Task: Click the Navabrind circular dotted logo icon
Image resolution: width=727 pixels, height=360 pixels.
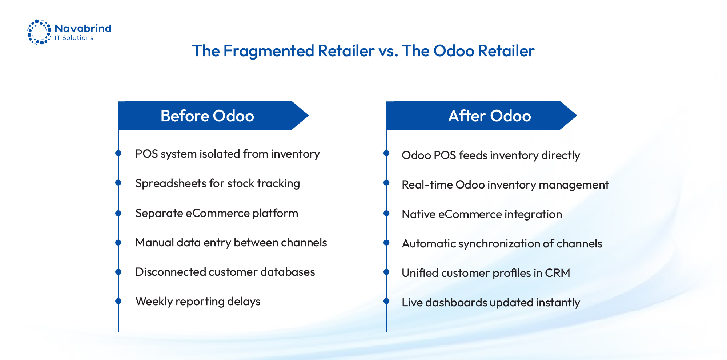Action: pos(39,32)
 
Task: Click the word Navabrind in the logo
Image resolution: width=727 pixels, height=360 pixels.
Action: pos(83,28)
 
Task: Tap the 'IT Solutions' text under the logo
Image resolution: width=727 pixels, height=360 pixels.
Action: pos(74,38)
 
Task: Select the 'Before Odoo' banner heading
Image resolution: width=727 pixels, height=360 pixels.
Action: pos(207,116)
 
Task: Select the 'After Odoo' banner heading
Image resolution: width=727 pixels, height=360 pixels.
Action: pos(489,116)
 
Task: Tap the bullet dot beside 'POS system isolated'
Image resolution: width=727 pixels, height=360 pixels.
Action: pos(118,153)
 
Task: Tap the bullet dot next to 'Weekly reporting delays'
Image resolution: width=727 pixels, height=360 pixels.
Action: pos(118,301)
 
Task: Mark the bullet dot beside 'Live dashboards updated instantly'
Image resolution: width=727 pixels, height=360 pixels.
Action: pos(386,301)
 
